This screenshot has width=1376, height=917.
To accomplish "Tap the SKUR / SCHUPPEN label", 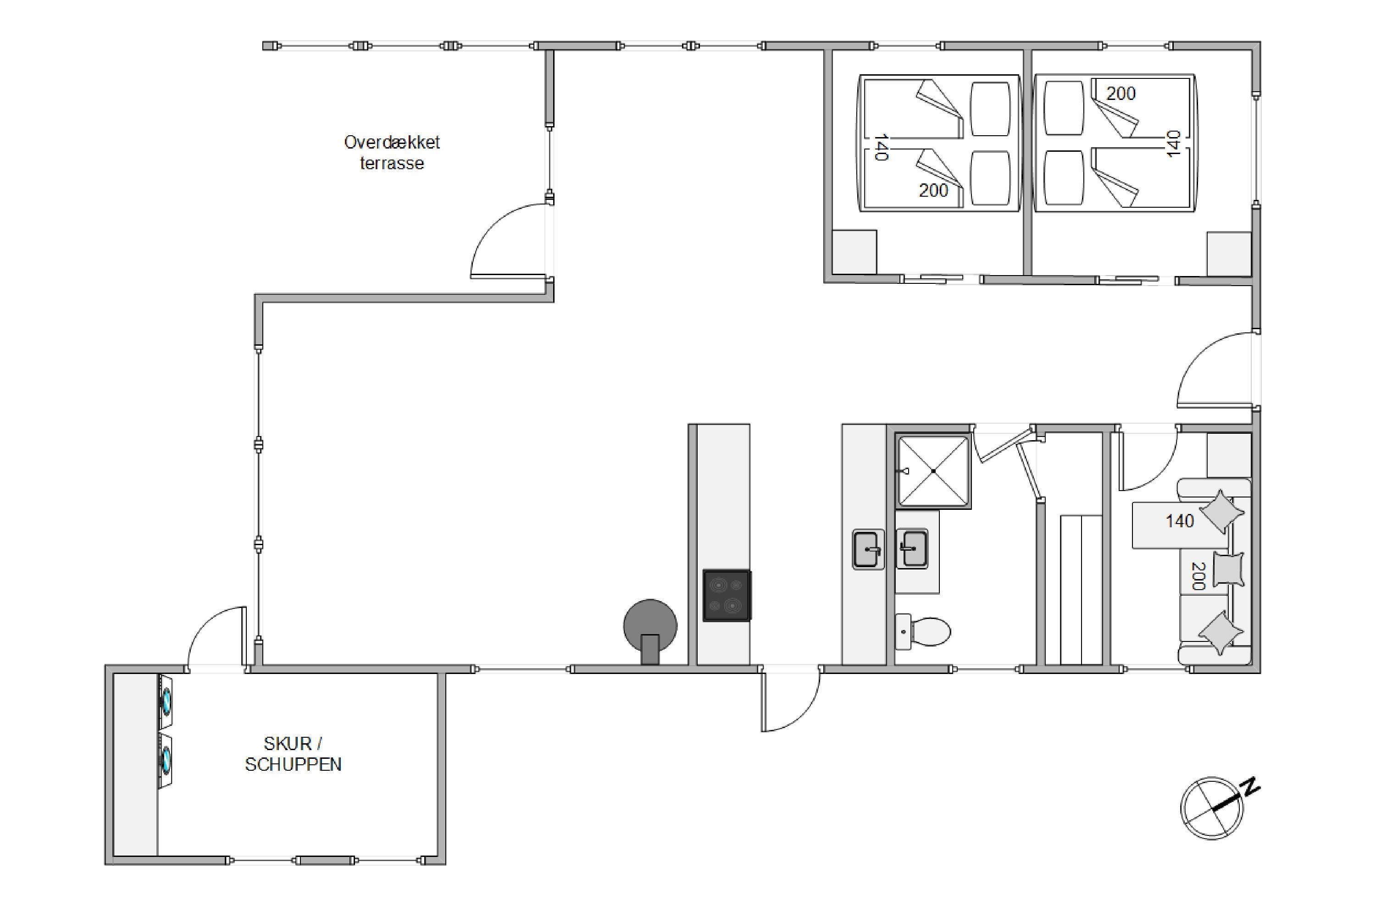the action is (293, 754).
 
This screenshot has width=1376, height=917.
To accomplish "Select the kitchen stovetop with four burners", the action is (727, 595).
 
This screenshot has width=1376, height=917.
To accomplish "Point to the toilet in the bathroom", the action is (922, 632).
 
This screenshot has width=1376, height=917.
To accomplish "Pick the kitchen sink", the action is (868, 549).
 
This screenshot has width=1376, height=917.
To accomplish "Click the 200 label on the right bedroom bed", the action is (1121, 94).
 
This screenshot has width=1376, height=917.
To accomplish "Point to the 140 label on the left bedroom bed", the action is (881, 147).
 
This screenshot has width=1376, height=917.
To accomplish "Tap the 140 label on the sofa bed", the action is (1179, 520).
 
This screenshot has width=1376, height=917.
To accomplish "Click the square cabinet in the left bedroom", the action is (854, 251).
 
